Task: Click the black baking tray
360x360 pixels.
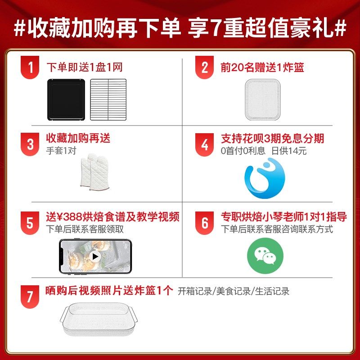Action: (66, 99)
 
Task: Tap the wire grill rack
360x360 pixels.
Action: (108, 99)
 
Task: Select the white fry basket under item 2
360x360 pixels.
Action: (265, 99)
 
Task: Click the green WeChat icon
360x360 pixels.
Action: (265, 256)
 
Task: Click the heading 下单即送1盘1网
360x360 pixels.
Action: (85, 68)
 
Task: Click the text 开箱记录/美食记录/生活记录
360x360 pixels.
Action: (234, 291)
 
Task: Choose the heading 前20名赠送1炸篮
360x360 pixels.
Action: (262, 68)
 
